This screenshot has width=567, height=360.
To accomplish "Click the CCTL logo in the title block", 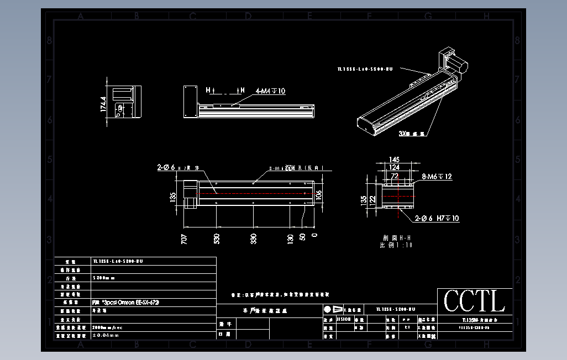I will coord(474,301).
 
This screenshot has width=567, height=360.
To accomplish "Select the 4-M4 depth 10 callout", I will coord(270,91).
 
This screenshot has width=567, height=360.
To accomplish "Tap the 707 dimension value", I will coord(184,239).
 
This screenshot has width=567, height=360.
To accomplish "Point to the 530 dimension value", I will coord(217,239).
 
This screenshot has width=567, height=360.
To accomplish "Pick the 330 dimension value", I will coord(254,239).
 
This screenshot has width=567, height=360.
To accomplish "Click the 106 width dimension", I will coord(319,195).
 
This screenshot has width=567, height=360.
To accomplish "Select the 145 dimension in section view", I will coord(394,160).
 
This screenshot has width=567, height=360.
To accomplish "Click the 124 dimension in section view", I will coord(394,167).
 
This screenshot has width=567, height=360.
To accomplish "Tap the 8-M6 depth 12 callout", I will coord(437,177).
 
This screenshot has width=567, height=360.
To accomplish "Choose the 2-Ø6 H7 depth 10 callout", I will coord(437,219).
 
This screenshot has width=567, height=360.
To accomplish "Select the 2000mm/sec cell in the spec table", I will coord(108,327).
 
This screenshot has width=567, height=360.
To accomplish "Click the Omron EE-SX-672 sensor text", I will coord(126,303).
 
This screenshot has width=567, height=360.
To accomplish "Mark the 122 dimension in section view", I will coord(372,199).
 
